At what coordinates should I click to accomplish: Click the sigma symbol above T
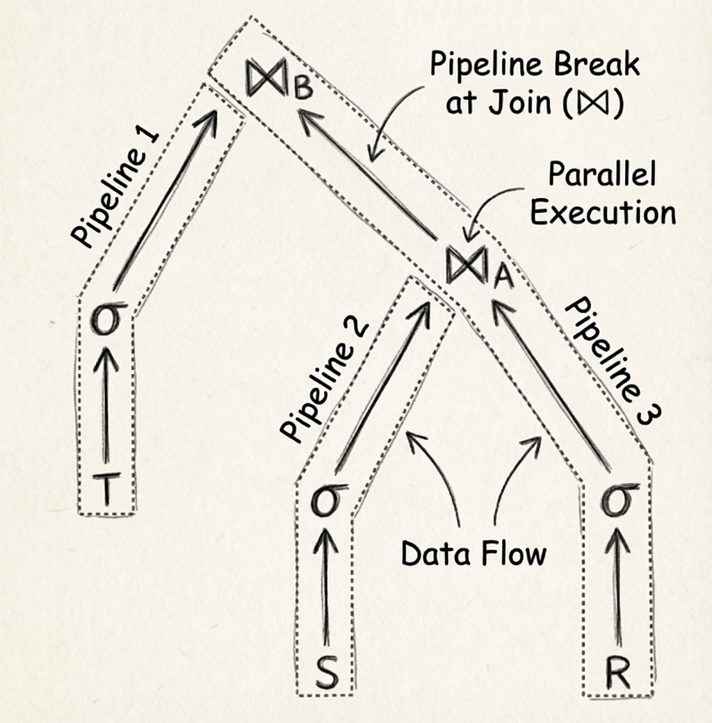click(105, 322)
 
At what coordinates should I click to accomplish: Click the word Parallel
click(601, 174)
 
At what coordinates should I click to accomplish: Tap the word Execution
click(602, 212)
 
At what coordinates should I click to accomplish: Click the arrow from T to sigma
click(106, 410)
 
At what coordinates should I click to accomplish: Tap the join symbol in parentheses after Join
click(597, 105)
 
